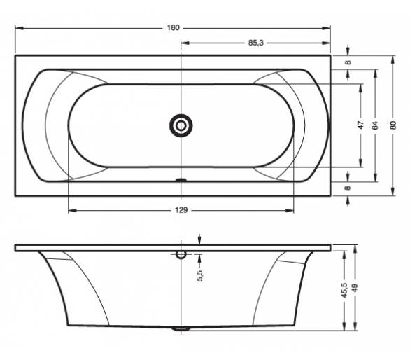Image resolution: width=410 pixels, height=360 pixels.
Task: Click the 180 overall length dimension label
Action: (x=173, y=27)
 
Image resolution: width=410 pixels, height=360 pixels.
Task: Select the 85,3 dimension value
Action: (x=256, y=43)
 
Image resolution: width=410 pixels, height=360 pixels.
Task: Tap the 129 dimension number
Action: (x=181, y=210)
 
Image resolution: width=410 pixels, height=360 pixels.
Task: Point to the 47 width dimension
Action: (x=361, y=125)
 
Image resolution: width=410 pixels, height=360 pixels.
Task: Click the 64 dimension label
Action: (x=376, y=125)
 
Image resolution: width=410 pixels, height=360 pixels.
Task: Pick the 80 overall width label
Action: (x=393, y=125)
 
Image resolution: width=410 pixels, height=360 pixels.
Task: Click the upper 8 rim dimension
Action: (x=348, y=62)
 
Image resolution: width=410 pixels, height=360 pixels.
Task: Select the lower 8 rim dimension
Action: (x=348, y=188)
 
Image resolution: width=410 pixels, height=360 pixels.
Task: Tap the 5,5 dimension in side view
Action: (x=199, y=275)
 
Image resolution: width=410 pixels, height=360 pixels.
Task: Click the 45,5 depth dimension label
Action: (x=344, y=290)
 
